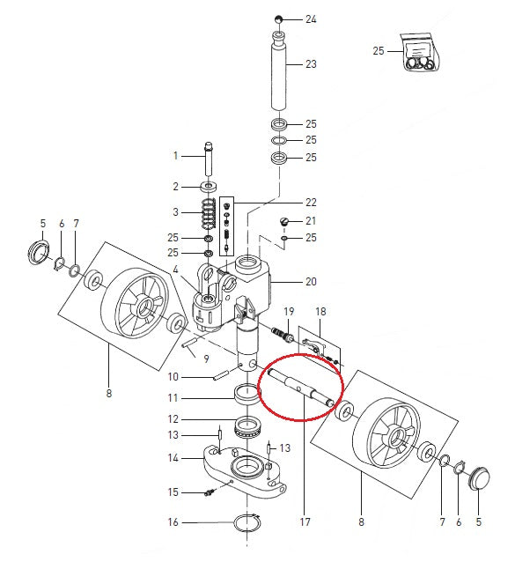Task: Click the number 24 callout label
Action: (311, 18)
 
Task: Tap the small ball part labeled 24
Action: (277, 18)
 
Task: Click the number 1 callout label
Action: (175, 156)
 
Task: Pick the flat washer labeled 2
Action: (210, 187)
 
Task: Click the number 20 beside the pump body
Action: (311, 283)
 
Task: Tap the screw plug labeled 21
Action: (285, 220)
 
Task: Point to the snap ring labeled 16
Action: (246, 523)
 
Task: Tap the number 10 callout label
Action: (173, 377)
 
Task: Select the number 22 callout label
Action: (311, 203)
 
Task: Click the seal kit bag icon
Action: (417, 51)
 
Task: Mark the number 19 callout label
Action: (288, 312)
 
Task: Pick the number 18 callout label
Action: (320, 312)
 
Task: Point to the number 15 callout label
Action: (173, 492)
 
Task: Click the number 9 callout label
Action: (206, 359)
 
